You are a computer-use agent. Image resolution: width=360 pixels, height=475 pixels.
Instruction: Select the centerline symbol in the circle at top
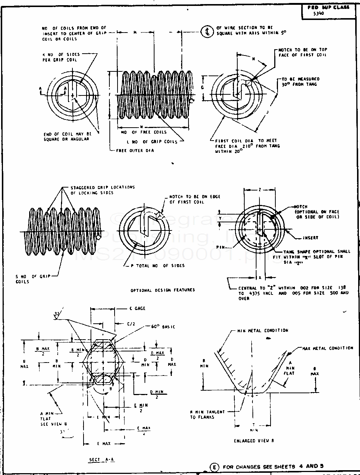207,32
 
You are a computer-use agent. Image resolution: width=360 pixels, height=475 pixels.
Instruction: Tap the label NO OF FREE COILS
144,132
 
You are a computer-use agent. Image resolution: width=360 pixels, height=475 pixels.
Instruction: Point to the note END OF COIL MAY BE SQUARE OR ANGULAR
68,137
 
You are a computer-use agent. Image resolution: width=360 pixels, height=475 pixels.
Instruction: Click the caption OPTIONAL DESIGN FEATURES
163,290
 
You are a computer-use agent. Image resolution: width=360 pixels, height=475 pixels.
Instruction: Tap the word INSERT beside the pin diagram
310,238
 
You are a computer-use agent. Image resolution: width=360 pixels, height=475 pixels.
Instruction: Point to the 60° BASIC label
163,327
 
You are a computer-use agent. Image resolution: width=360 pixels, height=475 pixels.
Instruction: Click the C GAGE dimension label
137,308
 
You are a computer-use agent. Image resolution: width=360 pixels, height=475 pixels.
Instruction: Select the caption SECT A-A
102,459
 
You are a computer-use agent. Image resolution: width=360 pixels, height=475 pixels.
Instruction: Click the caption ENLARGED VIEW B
254,441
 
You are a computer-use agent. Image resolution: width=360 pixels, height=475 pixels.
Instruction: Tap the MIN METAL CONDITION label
262,330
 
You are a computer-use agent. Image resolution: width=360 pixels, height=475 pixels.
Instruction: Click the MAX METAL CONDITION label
327,348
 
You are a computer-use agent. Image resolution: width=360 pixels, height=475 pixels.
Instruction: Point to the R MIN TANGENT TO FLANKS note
207,414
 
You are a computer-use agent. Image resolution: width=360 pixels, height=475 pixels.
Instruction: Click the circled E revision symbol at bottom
214,467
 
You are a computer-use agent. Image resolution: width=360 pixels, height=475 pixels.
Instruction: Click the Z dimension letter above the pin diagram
260,189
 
